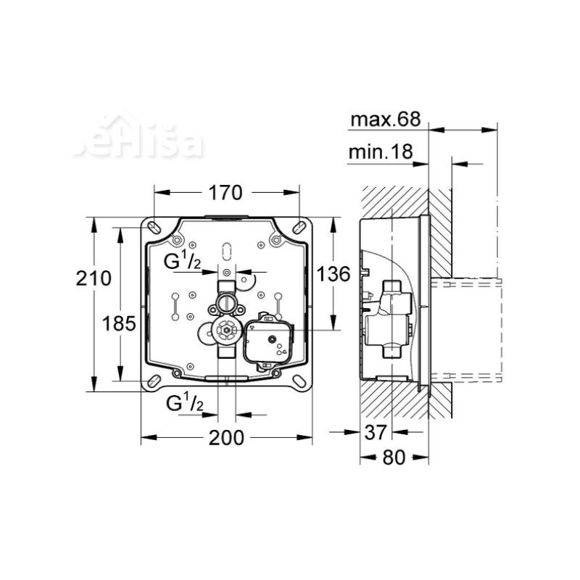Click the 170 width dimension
coord(225,193)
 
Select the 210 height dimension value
coord(95,278)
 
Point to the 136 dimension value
coord(333,274)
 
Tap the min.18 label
coord(380,152)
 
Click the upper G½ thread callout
coord(181,262)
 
